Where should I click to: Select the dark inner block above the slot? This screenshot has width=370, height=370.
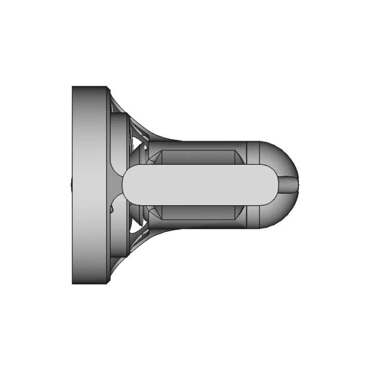(197, 157)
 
